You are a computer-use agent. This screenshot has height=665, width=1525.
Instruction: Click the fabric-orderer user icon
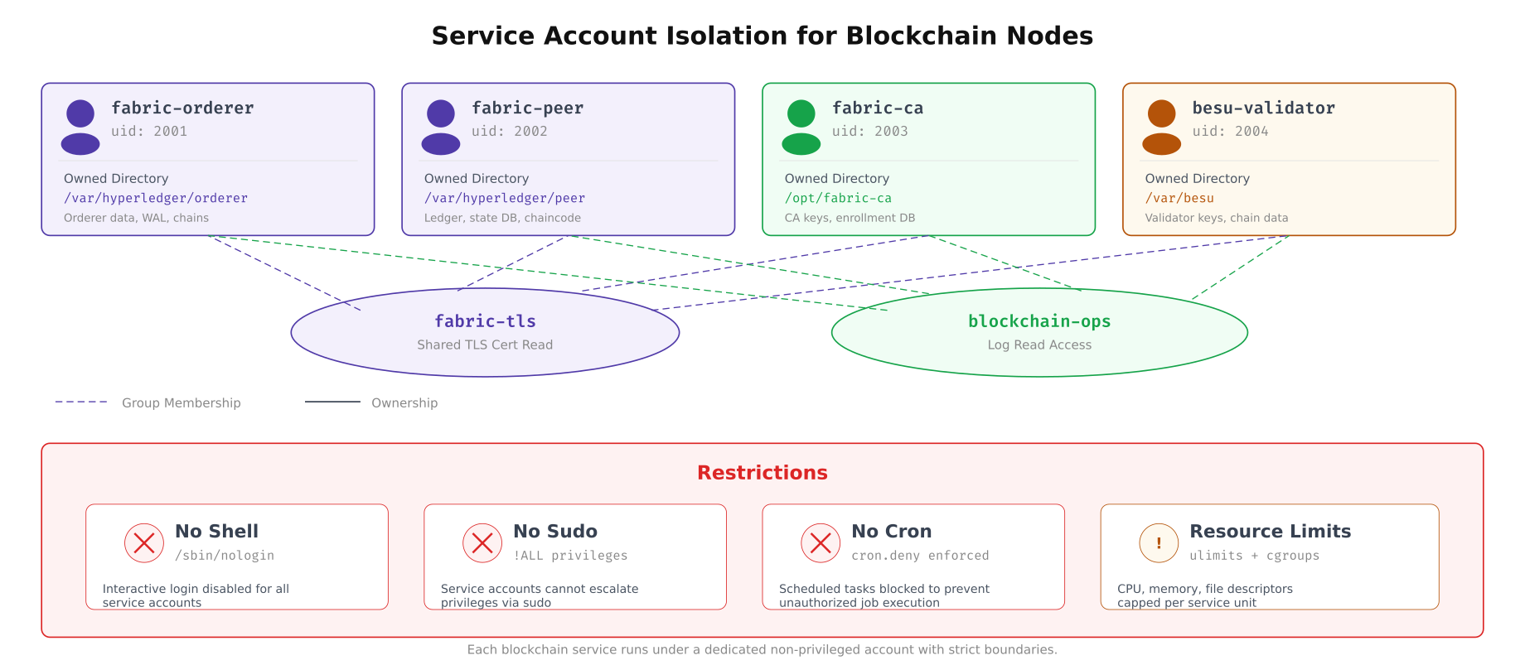click(x=80, y=127)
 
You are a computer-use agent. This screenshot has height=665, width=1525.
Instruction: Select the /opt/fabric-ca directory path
click(x=838, y=198)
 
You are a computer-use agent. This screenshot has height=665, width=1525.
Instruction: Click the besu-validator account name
click(x=1263, y=108)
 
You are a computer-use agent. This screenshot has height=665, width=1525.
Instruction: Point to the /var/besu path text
click(x=1179, y=198)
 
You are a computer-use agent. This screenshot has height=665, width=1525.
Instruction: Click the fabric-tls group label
click(x=485, y=321)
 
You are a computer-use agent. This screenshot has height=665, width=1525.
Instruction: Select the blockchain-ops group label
click(x=1039, y=321)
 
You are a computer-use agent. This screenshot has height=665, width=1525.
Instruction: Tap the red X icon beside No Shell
click(x=144, y=543)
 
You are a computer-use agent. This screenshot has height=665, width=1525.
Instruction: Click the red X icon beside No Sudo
click(x=482, y=543)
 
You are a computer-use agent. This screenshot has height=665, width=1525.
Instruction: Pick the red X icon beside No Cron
click(x=821, y=543)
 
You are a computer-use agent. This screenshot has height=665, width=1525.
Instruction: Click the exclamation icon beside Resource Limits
click(x=1159, y=543)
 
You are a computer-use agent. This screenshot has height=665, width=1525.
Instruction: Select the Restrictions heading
click(x=762, y=473)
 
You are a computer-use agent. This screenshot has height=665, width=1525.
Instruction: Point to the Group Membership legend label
click(x=181, y=403)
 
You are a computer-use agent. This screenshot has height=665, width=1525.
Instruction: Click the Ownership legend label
click(x=404, y=403)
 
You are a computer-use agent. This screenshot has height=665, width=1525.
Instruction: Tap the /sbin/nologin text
click(x=224, y=556)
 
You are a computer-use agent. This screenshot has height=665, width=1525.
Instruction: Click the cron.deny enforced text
click(x=920, y=556)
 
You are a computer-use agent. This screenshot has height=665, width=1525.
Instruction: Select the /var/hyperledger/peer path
click(x=504, y=198)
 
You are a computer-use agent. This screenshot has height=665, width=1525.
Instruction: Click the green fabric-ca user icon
click(x=801, y=127)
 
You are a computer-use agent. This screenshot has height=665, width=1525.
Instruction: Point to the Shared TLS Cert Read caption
click(x=485, y=345)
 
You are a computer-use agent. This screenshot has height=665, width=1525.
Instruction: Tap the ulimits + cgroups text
click(x=1254, y=556)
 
